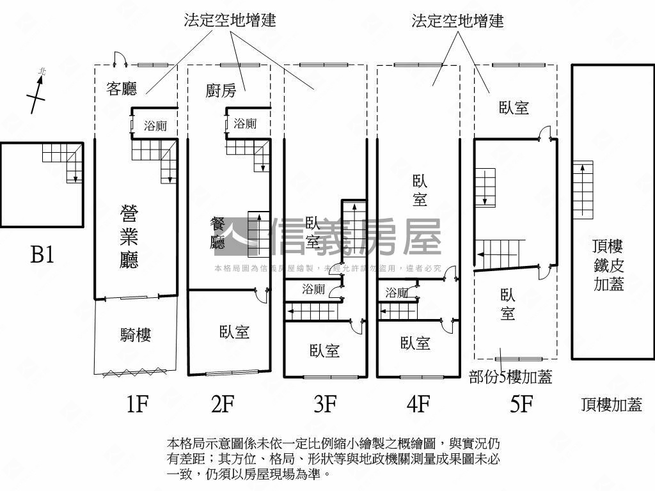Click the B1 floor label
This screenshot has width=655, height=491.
(x=42, y=255)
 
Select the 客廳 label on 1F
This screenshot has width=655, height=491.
(x=122, y=89)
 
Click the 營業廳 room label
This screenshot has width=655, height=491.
(x=129, y=237)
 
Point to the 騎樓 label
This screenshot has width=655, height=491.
(x=136, y=334)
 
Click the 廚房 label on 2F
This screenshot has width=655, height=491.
(x=221, y=90)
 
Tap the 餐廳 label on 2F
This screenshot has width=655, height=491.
(x=217, y=233)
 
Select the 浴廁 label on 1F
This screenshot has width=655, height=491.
(x=155, y=126)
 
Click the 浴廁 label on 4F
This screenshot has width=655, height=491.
(x=397, y=293)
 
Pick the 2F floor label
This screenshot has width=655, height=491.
(x=223, y=404)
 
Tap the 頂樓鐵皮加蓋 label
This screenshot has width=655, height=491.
(x=608, y=265)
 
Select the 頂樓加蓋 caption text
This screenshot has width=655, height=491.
(x=611, y=404)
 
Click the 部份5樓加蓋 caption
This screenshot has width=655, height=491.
(x=510, y=377)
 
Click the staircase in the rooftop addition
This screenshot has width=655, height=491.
(x=583, y=189)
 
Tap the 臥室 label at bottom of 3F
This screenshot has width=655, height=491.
(x=324, y=350)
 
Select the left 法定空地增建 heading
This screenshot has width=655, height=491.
(x=230, y=20)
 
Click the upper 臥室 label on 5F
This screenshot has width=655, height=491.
(x=514, y=107)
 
